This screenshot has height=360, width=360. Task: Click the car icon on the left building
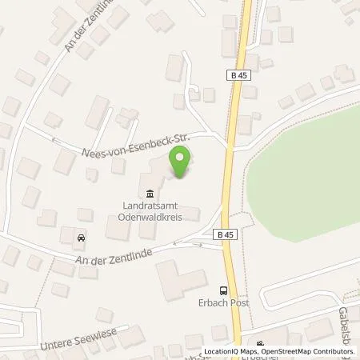click(80, 238)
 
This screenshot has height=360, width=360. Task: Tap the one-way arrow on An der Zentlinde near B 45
click(189, 242)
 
